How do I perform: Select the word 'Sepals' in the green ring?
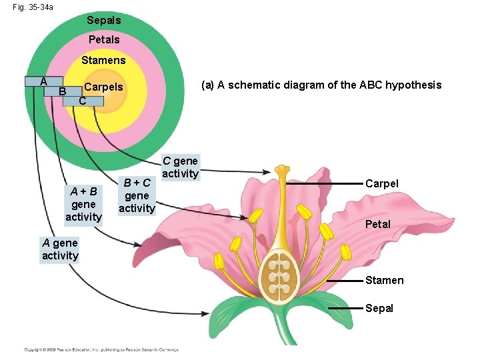click(x=104, y=21)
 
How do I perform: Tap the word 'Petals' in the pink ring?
click(x=104, y=40)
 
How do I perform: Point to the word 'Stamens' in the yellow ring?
click(x=103, y=61)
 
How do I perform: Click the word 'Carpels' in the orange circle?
click(x=103, y=87)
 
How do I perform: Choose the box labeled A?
click(x=43, y=81)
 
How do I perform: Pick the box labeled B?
click(x=62, y=91)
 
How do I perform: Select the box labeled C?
click(x=82, y=101)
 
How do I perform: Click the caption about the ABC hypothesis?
click(x=321, y=85)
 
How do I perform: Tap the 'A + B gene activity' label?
click(x=83, y=204)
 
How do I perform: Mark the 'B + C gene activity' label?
click(x=137, y=195)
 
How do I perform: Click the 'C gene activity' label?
click(x=180, y=167)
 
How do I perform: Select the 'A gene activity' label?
click(x=60, y=249)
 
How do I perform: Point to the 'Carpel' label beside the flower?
click(x=382, y=183)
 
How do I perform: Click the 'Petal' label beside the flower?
click(x=377, y=224)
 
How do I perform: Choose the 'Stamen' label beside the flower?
click(x=384, y=281)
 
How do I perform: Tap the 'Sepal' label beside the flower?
click(x=379, y=308)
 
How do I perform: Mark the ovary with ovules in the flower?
click(x=280, y=275)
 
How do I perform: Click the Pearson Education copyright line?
click(x=101, y=349)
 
